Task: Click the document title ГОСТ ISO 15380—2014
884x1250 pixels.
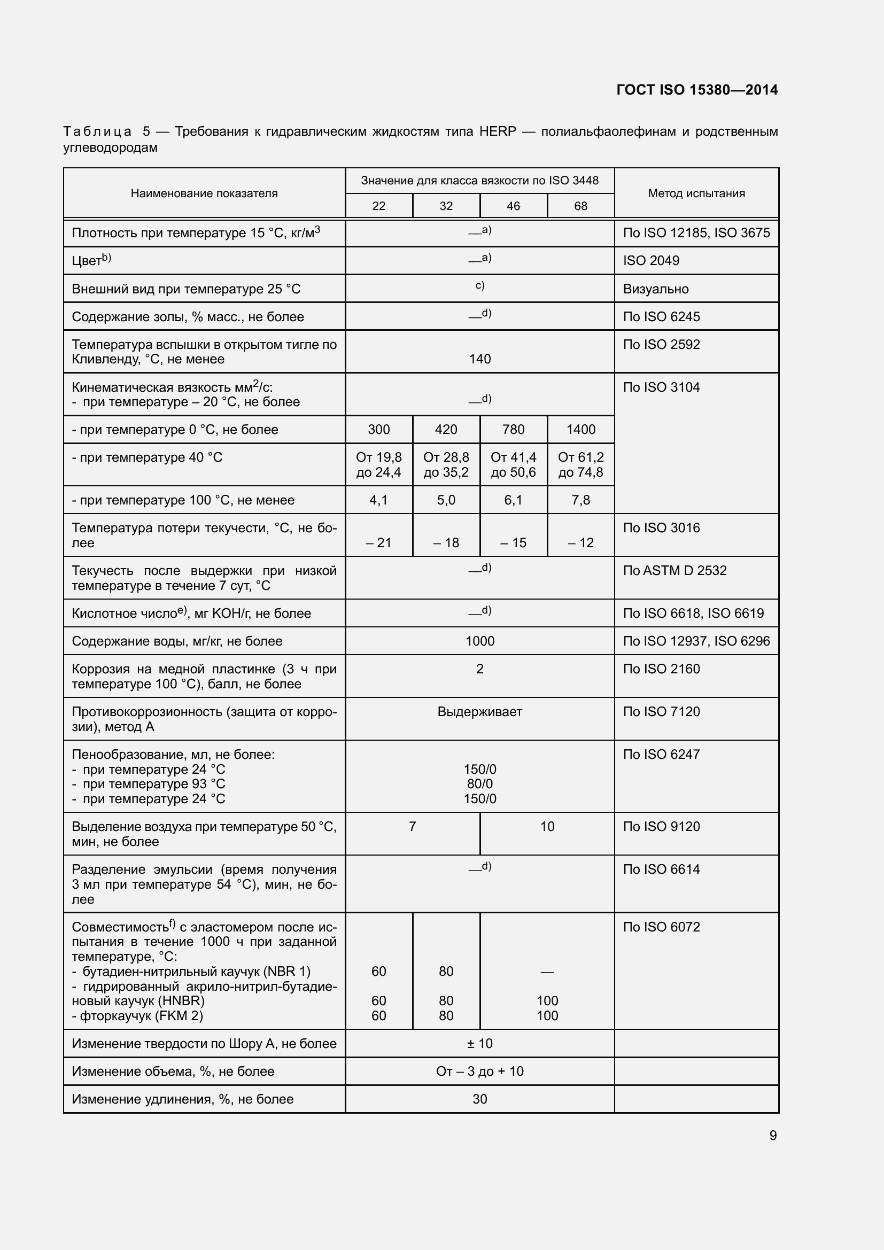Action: [x=697, y=90]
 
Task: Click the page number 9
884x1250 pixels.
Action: [x=773, y=1135]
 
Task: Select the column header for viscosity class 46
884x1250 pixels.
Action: [x=513, y=206]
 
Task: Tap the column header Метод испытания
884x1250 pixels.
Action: [x=696, y=193]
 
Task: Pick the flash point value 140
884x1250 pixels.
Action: [x=479, y=359]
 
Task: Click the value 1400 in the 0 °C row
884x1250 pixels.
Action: [x=580, y=430]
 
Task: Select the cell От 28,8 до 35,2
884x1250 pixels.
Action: [x=446, y=464]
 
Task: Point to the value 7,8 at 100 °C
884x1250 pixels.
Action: [x=580, y=500]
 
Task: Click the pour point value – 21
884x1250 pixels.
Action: [x=378, y=542]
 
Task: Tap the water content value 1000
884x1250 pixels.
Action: [x=479, y=641]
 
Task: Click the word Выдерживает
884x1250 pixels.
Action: [x=479, y=711]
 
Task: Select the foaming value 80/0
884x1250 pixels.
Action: [x=479, y=784]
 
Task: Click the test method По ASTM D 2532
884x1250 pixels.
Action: [x=674, y=571]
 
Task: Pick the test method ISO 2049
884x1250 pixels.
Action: [x=651, y=261]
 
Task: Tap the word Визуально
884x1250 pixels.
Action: [x=655, y=289]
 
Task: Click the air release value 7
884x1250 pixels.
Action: [x=412, y=826]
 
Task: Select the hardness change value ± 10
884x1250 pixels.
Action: [x=479, y=1043]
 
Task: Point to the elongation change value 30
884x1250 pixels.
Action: [x=479, y=1099]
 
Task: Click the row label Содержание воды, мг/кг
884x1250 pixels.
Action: [x=177, y=641]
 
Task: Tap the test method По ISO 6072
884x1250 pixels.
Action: [x=661, y=927]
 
